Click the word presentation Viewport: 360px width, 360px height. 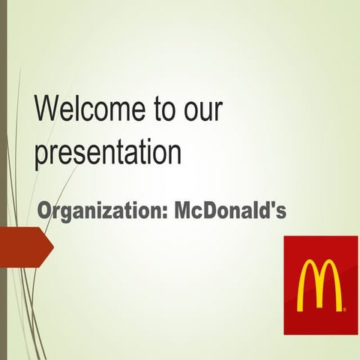[108, 153]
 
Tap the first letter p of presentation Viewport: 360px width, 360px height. [41, 156]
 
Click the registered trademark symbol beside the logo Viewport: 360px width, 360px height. [344, 307]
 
